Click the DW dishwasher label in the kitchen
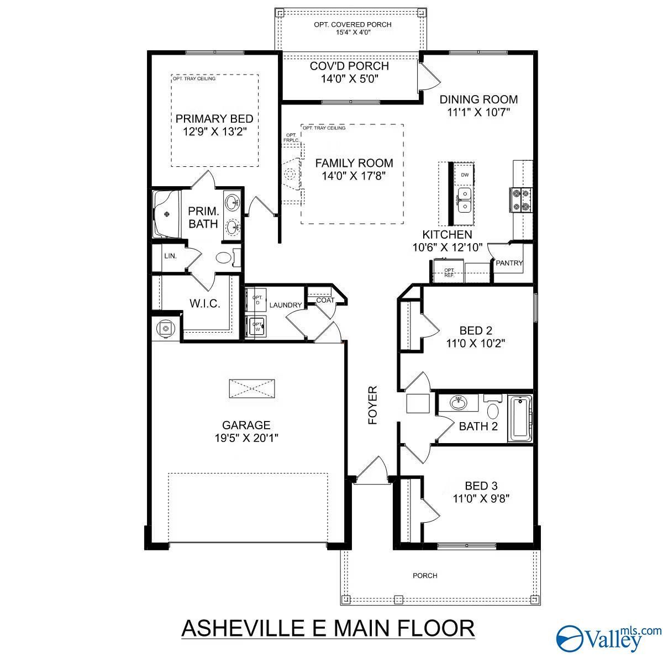[x=465, y=175]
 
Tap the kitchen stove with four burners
[x=521, y=200]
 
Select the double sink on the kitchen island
[x=465, y=200]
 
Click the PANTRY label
[x=509, y=263]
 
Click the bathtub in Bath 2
[x=520, y=418]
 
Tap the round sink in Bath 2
[x=458, y=403]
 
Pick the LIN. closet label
[x=170, y=256]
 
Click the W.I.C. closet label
[x=205, y=303]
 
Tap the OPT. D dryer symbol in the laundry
[x=256, y=299]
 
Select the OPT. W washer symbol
[x=256, y=327]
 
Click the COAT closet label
[x=325, y=300]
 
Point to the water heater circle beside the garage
[x=166, y=329]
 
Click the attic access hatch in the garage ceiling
[x=252, y=389]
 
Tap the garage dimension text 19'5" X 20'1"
[x=246, y=438]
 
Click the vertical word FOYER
[x=372, y=406]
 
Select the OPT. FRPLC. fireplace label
[x=291, y=138]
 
